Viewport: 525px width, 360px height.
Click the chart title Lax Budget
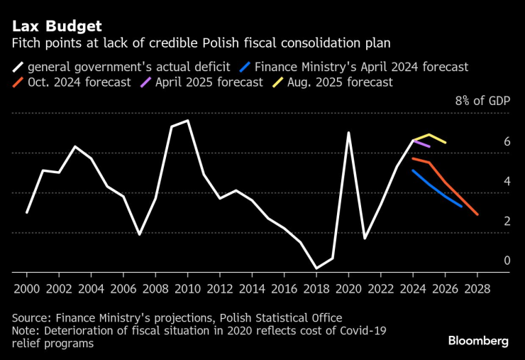(x=56, y=26)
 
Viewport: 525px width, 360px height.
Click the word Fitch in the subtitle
(x=26, y=44)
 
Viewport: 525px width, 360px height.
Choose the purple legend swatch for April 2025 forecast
(x=145, y=82)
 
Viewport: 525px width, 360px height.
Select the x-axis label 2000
(x=27, y=289)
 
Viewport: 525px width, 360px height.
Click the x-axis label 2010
(x=187, y=289)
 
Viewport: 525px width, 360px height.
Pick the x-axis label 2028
(x=477, y=289)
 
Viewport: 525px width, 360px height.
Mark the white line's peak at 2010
(x=187, y=121)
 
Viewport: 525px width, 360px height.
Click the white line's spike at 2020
(x=348, y=132)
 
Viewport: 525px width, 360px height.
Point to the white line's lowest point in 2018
(x=316, y=268)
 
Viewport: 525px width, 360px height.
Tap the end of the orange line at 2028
(x=477, y=214)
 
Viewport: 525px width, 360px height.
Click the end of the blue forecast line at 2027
(x=461, y=206)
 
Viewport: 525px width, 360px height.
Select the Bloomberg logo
(x=478, y=341)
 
